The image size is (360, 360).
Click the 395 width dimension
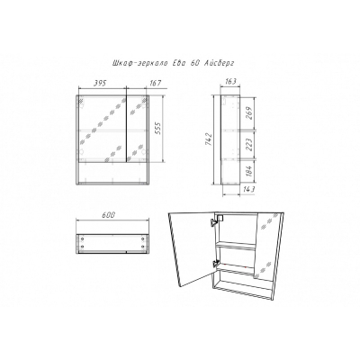100,83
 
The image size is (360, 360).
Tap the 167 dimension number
156,83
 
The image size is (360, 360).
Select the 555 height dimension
159,129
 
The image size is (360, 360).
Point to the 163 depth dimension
230,81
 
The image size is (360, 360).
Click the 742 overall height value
209,139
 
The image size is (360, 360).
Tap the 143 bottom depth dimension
248,190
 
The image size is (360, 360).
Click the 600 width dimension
108,215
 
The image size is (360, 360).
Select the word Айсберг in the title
219,63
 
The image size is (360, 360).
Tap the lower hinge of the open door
215,264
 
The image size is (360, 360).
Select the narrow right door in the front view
137,129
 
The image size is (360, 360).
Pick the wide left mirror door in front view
103,129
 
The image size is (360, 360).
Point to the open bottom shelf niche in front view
112,172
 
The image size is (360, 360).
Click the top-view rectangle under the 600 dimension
112,243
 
